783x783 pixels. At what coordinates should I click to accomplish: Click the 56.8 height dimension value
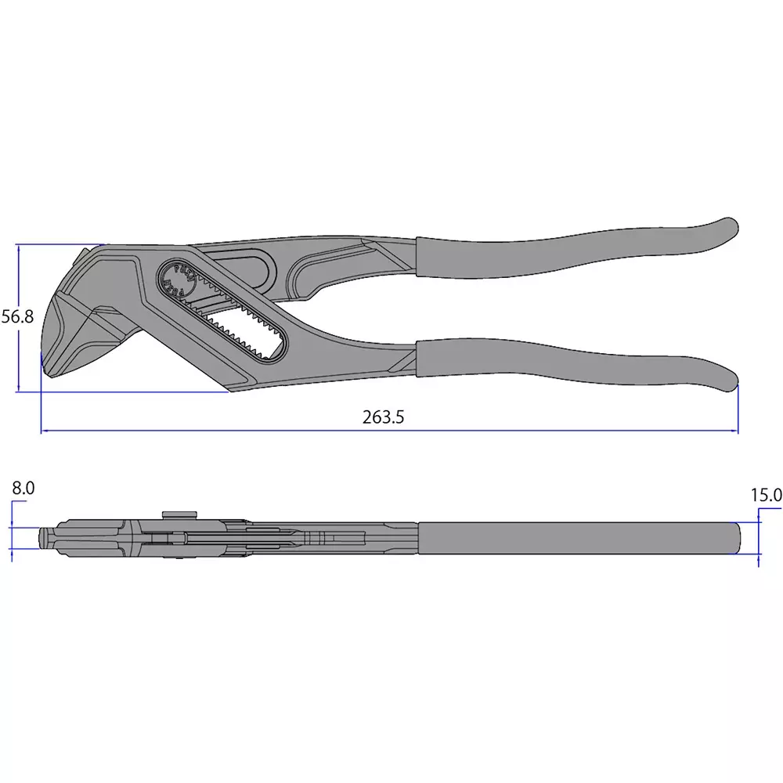17,316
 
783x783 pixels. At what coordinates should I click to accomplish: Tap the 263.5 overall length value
383,417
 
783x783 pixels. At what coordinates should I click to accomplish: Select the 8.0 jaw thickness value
23,488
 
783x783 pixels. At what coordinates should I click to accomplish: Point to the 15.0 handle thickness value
766,495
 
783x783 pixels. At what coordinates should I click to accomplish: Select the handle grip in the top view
579,538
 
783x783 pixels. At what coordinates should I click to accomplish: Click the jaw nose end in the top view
45,538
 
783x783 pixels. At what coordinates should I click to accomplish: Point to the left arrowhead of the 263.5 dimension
44,431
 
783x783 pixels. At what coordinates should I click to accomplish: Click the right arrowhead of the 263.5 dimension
735,431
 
